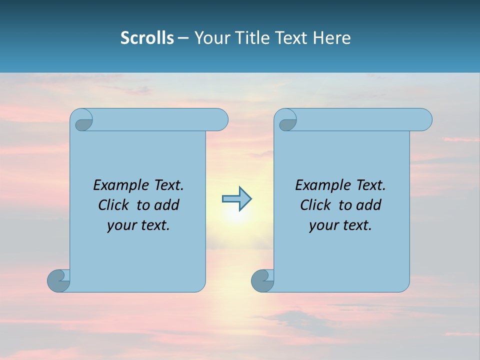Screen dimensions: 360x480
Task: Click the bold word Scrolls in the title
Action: pyautogui.click(x=147, y=38)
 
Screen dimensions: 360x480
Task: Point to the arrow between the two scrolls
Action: pyautogui.click(x=236, y=199)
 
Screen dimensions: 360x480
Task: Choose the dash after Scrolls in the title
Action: pyautogui.click(x=183, y=38)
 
